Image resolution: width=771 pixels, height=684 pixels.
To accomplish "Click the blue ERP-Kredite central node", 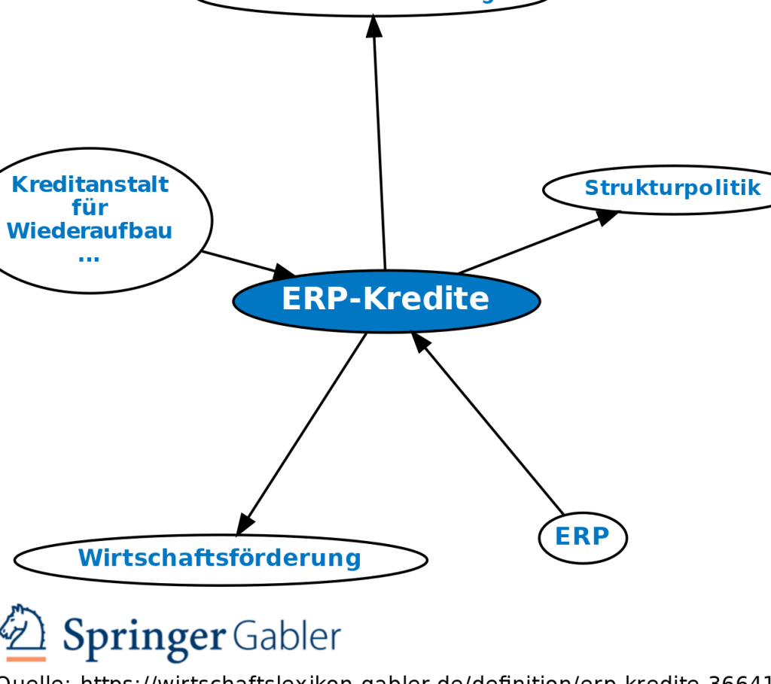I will (x=386, y=300).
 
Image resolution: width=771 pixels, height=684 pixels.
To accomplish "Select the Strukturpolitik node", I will (x=672, y=188).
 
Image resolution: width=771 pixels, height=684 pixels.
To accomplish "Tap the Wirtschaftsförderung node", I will (x=220, y=558).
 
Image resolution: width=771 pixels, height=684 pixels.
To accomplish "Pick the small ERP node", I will (x=582, y=537).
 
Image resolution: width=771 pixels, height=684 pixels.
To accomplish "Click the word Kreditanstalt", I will (x=90, y=184).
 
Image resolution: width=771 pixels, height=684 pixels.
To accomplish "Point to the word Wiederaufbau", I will (x=90, y=231).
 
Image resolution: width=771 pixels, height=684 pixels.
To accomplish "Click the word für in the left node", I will (x=90, y=207).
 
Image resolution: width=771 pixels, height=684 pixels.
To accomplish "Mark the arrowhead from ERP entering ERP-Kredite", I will (x=420, y=342).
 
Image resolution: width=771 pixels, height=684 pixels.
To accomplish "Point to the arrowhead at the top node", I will (x=374, y=26).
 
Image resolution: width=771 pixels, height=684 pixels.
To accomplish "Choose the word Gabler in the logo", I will (x=286, y=637).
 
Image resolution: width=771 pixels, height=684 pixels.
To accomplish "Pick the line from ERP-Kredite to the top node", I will (x=379, y=150).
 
